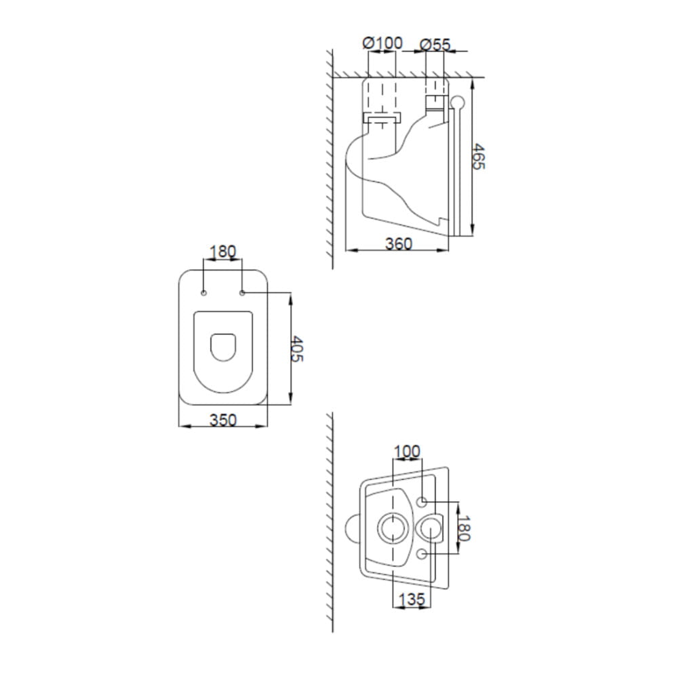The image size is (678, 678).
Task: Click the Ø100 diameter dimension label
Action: coord(382,43)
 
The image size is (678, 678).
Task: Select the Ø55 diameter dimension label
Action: coord(435,45)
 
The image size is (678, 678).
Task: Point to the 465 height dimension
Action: coord(478,157)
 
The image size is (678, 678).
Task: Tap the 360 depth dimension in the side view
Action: coord(398,244)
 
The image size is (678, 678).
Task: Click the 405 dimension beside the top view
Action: coord(297,348)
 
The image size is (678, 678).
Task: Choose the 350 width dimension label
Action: coord(223,420)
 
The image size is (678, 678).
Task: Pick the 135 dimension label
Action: coord(412,599)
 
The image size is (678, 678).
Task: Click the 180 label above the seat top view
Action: coord(222,252)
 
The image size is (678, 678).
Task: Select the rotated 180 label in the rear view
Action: coord(464,528)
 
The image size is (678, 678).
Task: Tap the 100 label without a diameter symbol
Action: coord(406,452)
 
